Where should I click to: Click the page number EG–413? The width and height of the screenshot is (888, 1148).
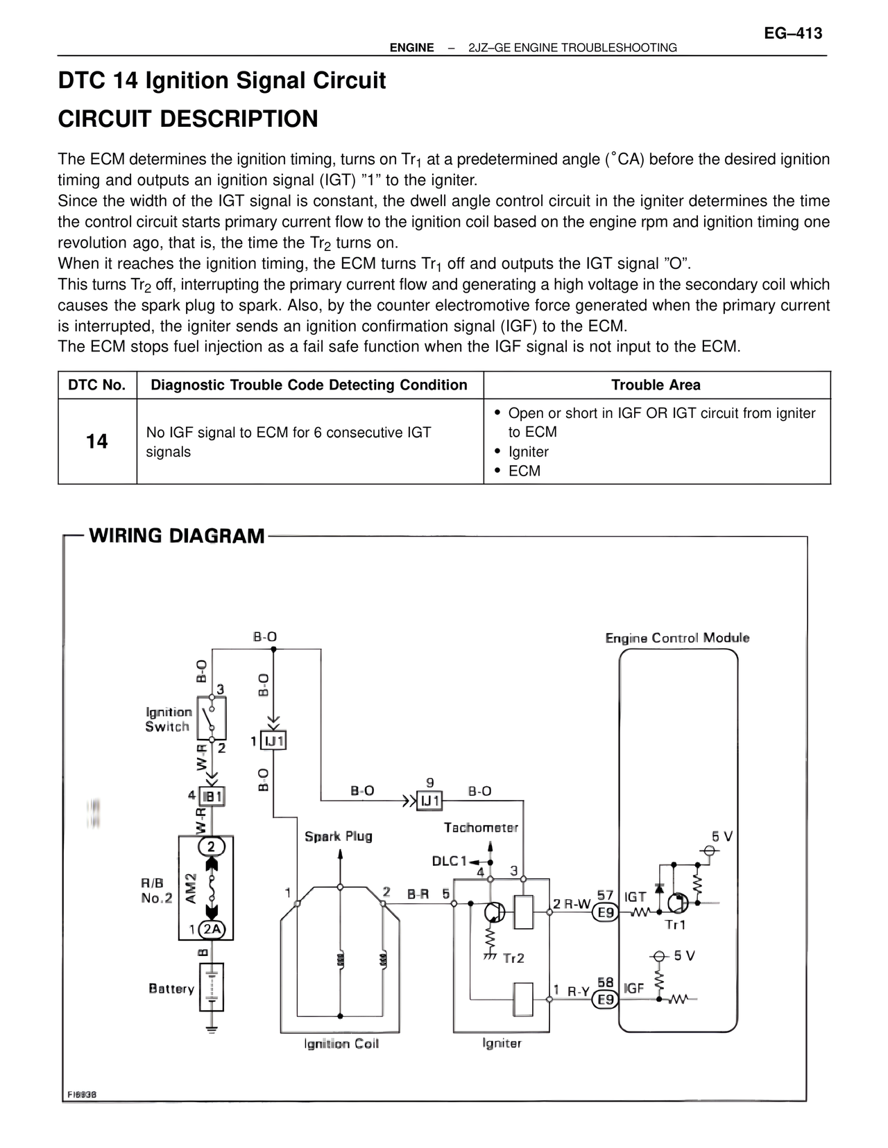coord(793,33)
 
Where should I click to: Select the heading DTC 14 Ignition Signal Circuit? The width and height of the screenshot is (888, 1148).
coord(222,80)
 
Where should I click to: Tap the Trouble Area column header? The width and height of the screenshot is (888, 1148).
coord(656,385)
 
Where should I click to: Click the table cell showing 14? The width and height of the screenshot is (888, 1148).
coord(97,442)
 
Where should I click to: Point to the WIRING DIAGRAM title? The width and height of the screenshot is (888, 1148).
coord(177,536)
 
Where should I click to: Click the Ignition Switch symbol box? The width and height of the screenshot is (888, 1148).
coord(212,717)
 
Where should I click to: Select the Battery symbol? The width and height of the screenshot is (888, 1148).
coord(212,987)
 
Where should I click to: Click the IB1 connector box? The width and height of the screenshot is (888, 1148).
coord(212,797)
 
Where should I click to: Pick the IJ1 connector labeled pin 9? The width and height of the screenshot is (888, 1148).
coord(429,801)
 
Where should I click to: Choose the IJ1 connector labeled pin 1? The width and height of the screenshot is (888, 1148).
coord(274,741)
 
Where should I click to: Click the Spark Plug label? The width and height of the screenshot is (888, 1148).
coord(339,836)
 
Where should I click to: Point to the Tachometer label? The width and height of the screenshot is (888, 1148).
coord(481,827)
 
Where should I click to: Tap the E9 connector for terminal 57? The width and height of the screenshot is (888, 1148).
coord(606,912)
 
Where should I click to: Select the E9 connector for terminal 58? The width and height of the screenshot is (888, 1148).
coord(606,999)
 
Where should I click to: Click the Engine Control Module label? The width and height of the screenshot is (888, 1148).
coord(677,638)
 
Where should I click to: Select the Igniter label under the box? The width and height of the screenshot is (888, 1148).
coord(502,1043)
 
